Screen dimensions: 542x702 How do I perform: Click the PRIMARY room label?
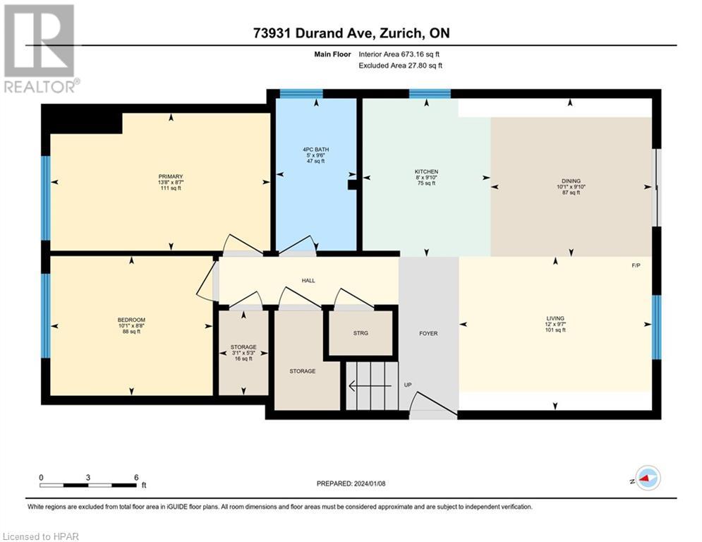(x=171, y=176)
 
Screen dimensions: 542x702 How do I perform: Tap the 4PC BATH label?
(x=315, y=150)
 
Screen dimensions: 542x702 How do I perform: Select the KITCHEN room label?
(x=426, y=171)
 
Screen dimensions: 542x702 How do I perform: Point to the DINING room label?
(x=571, y=181)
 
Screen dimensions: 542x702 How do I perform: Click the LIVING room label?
(x=555, y=318)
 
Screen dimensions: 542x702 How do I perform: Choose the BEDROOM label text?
(x=131, y=320)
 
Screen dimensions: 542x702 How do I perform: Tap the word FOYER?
(x=428, y=333)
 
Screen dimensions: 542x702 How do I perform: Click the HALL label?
(x=308, y=280)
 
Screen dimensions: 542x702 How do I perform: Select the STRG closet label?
(x=361, y=333)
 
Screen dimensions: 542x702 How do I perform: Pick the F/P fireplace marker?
(x=636, y=265)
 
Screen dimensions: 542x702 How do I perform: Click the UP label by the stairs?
(x=408, y=385)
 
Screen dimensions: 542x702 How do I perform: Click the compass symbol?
(x=647, y=478)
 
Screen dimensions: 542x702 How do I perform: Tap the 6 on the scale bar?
(x=135, y=477)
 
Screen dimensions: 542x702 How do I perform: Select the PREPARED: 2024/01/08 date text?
(x=351, y=483)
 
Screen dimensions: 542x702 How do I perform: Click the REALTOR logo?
(x=40, y=49)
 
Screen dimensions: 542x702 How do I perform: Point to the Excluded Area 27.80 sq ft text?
(x=400, y=66)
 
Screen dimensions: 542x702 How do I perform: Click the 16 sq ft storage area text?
(x=243, y=359)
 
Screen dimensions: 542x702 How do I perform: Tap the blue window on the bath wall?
(x=301, y=93)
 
